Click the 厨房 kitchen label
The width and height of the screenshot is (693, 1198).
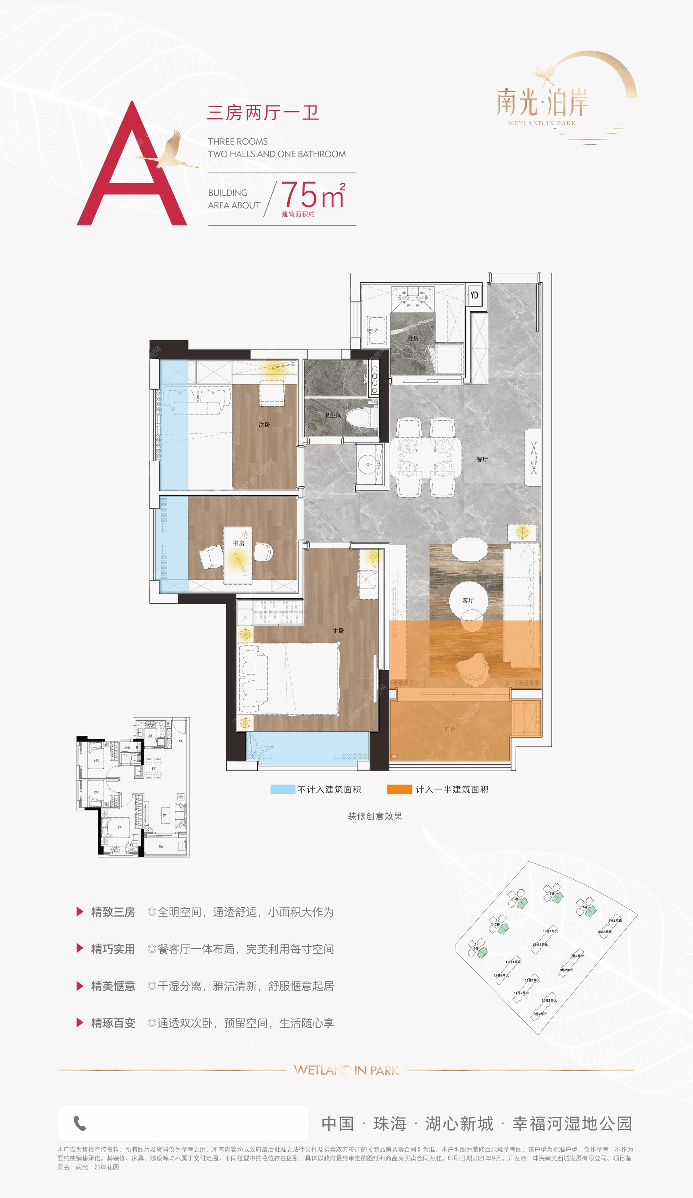tap(413, 338)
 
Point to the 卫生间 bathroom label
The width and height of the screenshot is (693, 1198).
tap(333, 415)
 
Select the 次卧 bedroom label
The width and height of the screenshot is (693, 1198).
tap(264, 425)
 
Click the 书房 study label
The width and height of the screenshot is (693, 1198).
tap(239, 543)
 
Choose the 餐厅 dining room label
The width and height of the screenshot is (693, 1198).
tap(482, 459)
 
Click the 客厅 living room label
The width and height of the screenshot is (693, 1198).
tap(468, 600)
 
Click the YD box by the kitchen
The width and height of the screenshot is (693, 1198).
tap(474, 295)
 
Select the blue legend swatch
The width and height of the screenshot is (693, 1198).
tap(283, 789)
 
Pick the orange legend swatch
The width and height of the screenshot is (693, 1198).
tap(399, 789)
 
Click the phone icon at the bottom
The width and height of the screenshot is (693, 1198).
tap(80, 1123)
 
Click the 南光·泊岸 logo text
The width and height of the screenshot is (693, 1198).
tap(542, 102)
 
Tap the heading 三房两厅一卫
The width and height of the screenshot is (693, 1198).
tap(263, 113)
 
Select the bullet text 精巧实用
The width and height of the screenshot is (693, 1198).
tap(113, 949)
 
